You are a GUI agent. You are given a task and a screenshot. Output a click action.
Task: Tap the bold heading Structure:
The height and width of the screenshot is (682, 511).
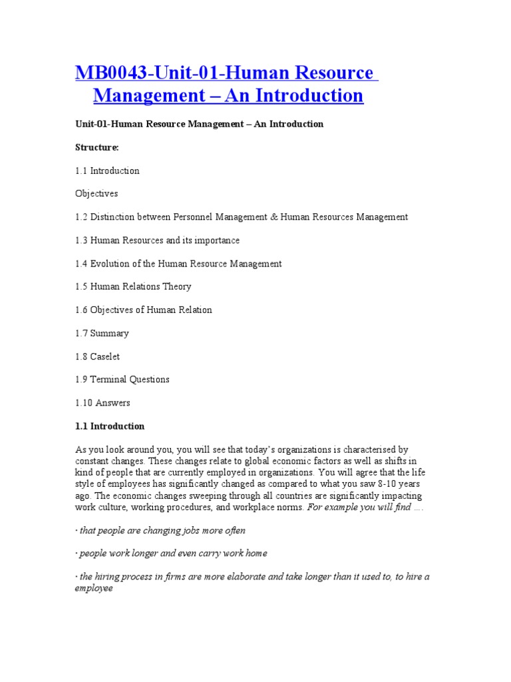tap(96, 147)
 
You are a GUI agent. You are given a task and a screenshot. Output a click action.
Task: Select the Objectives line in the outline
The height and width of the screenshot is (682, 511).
tap(96, 194)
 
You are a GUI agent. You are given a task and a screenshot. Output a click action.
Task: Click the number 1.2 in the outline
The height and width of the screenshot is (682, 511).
tap(81, 217)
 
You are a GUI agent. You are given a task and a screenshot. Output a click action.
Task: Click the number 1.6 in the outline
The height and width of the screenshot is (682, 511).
tap(81, 310)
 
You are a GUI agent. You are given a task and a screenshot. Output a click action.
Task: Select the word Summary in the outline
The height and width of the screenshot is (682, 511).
tap(110, 333)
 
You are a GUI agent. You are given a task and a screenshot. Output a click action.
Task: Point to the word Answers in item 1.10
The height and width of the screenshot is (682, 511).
tap(113, 403)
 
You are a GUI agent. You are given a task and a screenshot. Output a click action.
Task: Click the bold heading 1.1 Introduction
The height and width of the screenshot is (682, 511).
tap(110, 426)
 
